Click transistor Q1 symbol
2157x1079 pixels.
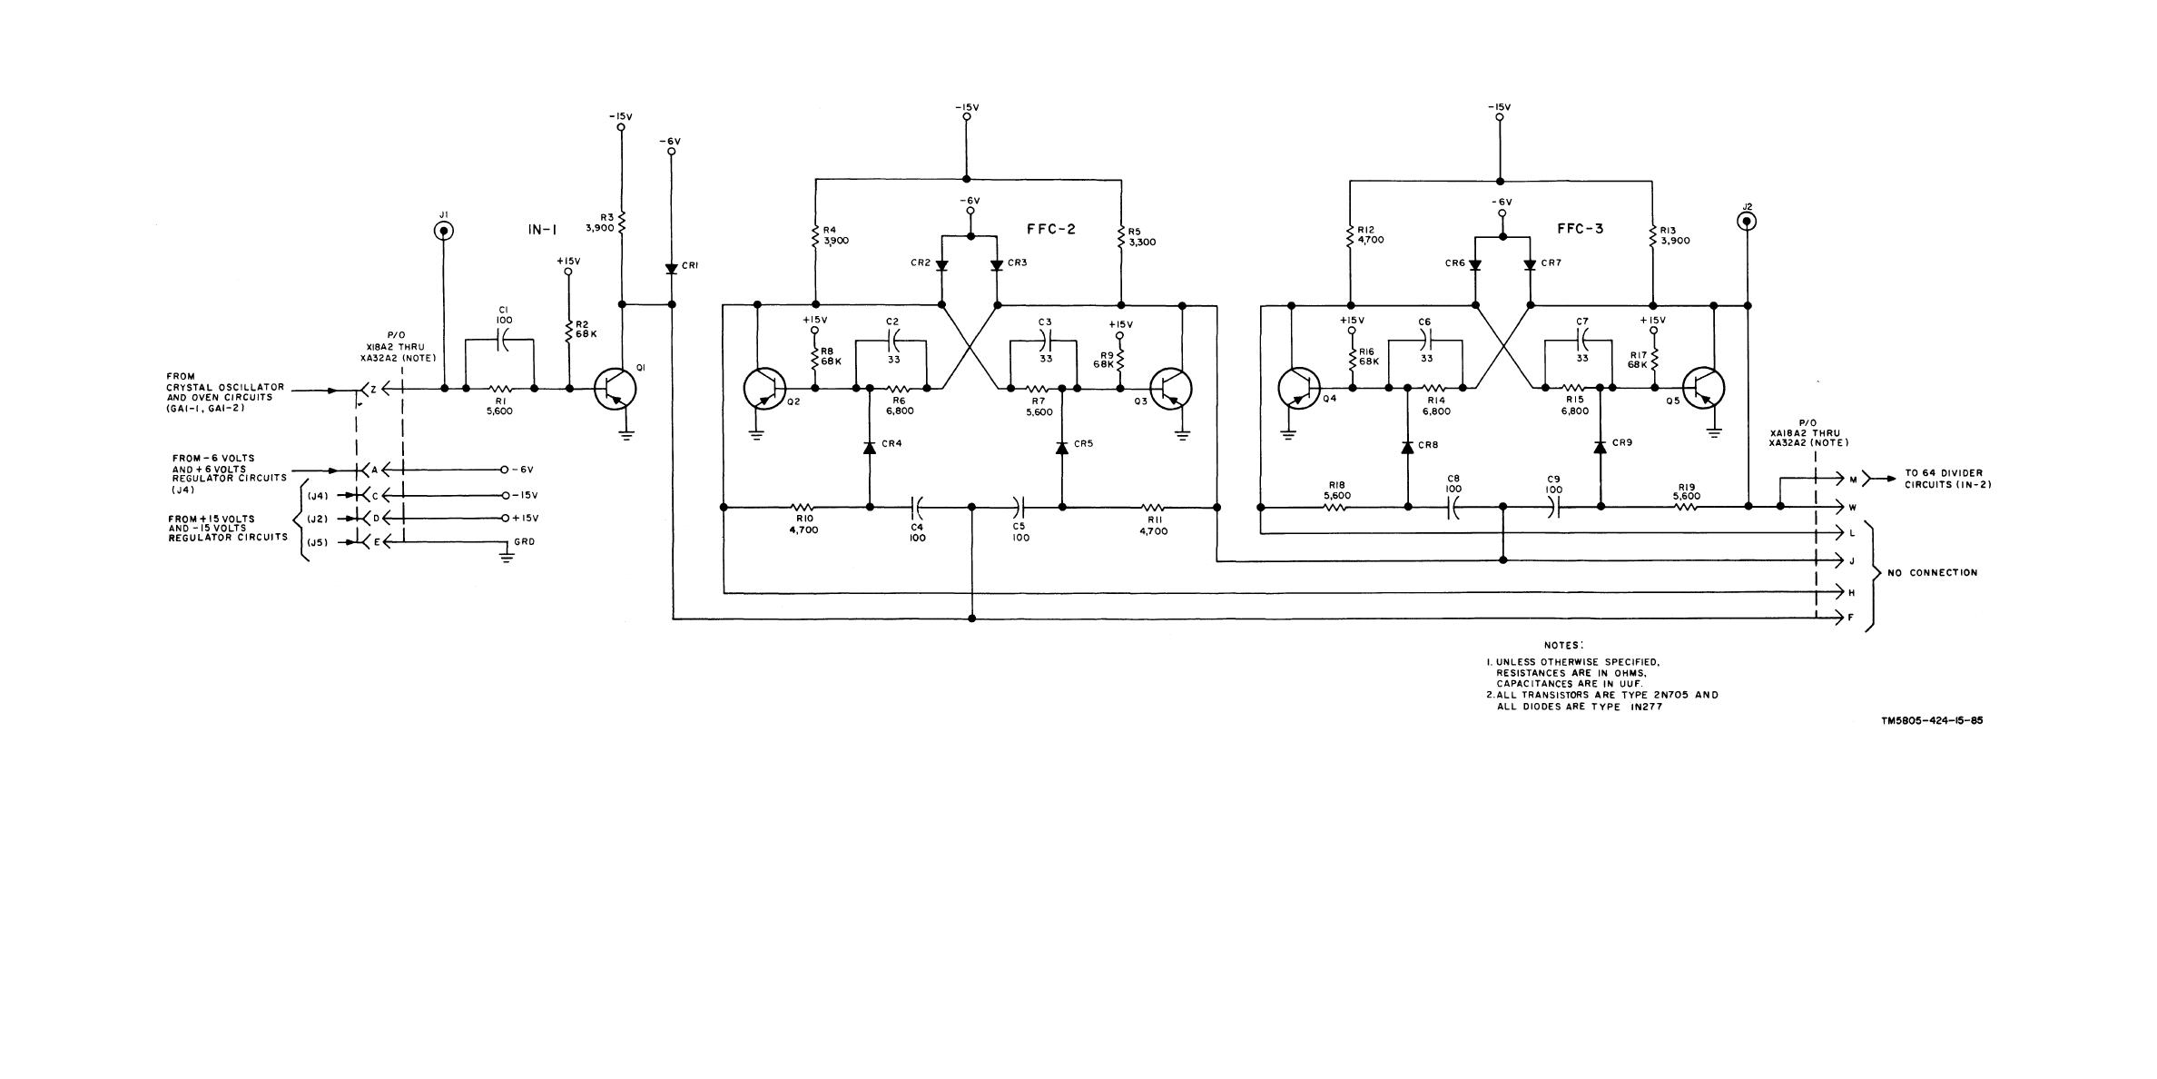point(616,389)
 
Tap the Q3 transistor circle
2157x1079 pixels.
point(1171,390)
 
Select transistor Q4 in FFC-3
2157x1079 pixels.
point(1299,389)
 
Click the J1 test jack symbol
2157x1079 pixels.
point(444,231)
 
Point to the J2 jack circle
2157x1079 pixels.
point(1746,221)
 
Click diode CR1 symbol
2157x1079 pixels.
point(672,269)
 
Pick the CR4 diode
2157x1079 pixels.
point(869,447)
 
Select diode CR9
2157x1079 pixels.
point(1600,447)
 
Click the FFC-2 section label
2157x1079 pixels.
point(1051,230)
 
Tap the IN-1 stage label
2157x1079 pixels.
point(542,231)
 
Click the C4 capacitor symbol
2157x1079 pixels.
point(917,506)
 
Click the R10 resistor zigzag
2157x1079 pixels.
point(803,507)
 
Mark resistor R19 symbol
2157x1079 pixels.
point(1686,507)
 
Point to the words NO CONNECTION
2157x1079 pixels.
point(1932,573)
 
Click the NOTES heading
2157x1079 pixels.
point(1563,646)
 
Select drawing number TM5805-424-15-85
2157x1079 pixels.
point(1932,721)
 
